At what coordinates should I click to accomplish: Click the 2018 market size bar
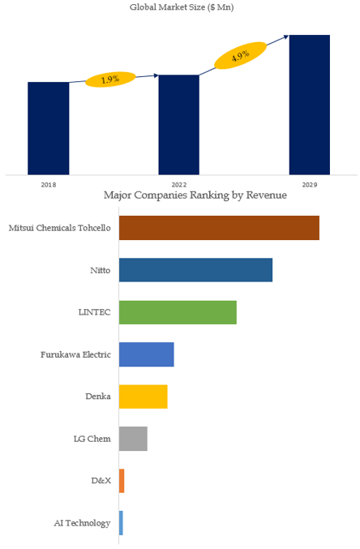click(x=49, y=128)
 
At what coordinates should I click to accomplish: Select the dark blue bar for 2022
click(x=179, y=125)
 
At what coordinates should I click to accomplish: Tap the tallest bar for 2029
click(x=310, y=105)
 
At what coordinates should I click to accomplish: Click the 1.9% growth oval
click(x=110, y=79)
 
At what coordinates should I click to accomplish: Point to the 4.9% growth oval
click(x=241, y=55)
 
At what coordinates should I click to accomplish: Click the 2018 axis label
click(x=49, y=185)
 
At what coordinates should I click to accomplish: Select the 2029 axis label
click(x=310, y=185)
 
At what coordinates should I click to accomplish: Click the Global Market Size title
click(x=182, y=7)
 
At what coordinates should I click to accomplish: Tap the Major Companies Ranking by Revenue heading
click(x=195, y=195)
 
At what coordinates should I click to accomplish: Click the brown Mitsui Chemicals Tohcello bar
click(x=219, y=228)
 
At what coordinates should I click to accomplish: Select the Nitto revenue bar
click(x=195, y=270)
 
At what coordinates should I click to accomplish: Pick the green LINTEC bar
click(x=178, y=312)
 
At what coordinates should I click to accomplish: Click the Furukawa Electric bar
click(x=147, y=354)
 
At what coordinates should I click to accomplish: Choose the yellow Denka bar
click(x=144, y=397)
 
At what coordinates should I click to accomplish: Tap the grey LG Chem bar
click(x=133, y=439)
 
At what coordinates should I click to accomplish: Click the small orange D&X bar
click(x=122, y=481)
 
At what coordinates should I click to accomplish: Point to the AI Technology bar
click(x=121, y=523)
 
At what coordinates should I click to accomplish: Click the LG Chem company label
click(x=92, y=439)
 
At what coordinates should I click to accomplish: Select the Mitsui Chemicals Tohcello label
click(x=59, y=228)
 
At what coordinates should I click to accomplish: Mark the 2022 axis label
click(x=179, y=185)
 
